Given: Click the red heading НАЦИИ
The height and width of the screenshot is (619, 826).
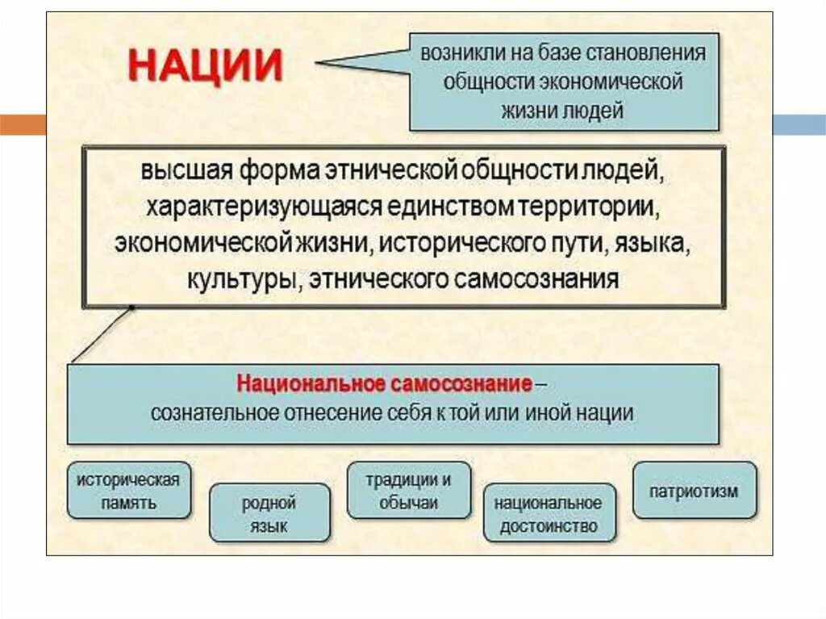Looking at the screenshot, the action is click(x=206, y=65).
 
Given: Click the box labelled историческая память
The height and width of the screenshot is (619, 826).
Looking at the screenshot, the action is click(x=128, y=491).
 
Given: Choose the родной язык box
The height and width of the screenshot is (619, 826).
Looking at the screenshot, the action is click(x=269, y=514).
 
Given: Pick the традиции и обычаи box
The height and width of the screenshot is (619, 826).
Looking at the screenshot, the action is click(x=408, y=491).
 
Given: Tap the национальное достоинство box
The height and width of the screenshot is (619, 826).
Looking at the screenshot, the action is click(x=549, y=514).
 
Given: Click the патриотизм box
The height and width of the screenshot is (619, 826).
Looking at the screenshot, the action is click(x=695, y=491).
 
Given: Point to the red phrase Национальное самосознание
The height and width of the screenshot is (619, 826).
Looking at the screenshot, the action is click(x=384, y=383).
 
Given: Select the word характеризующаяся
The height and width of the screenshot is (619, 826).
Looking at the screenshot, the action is click(x=263, y=207).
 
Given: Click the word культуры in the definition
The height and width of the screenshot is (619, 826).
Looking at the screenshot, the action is click(x=236, y=279).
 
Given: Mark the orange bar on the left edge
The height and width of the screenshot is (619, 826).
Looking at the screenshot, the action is click(x=23, y=125).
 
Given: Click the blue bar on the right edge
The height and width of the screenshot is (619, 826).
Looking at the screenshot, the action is click(x=799, y=125).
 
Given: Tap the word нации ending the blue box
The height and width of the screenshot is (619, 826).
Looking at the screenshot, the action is click(x=605, y=412).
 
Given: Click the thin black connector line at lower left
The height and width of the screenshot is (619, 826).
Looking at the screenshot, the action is click(x=101, y=335).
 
